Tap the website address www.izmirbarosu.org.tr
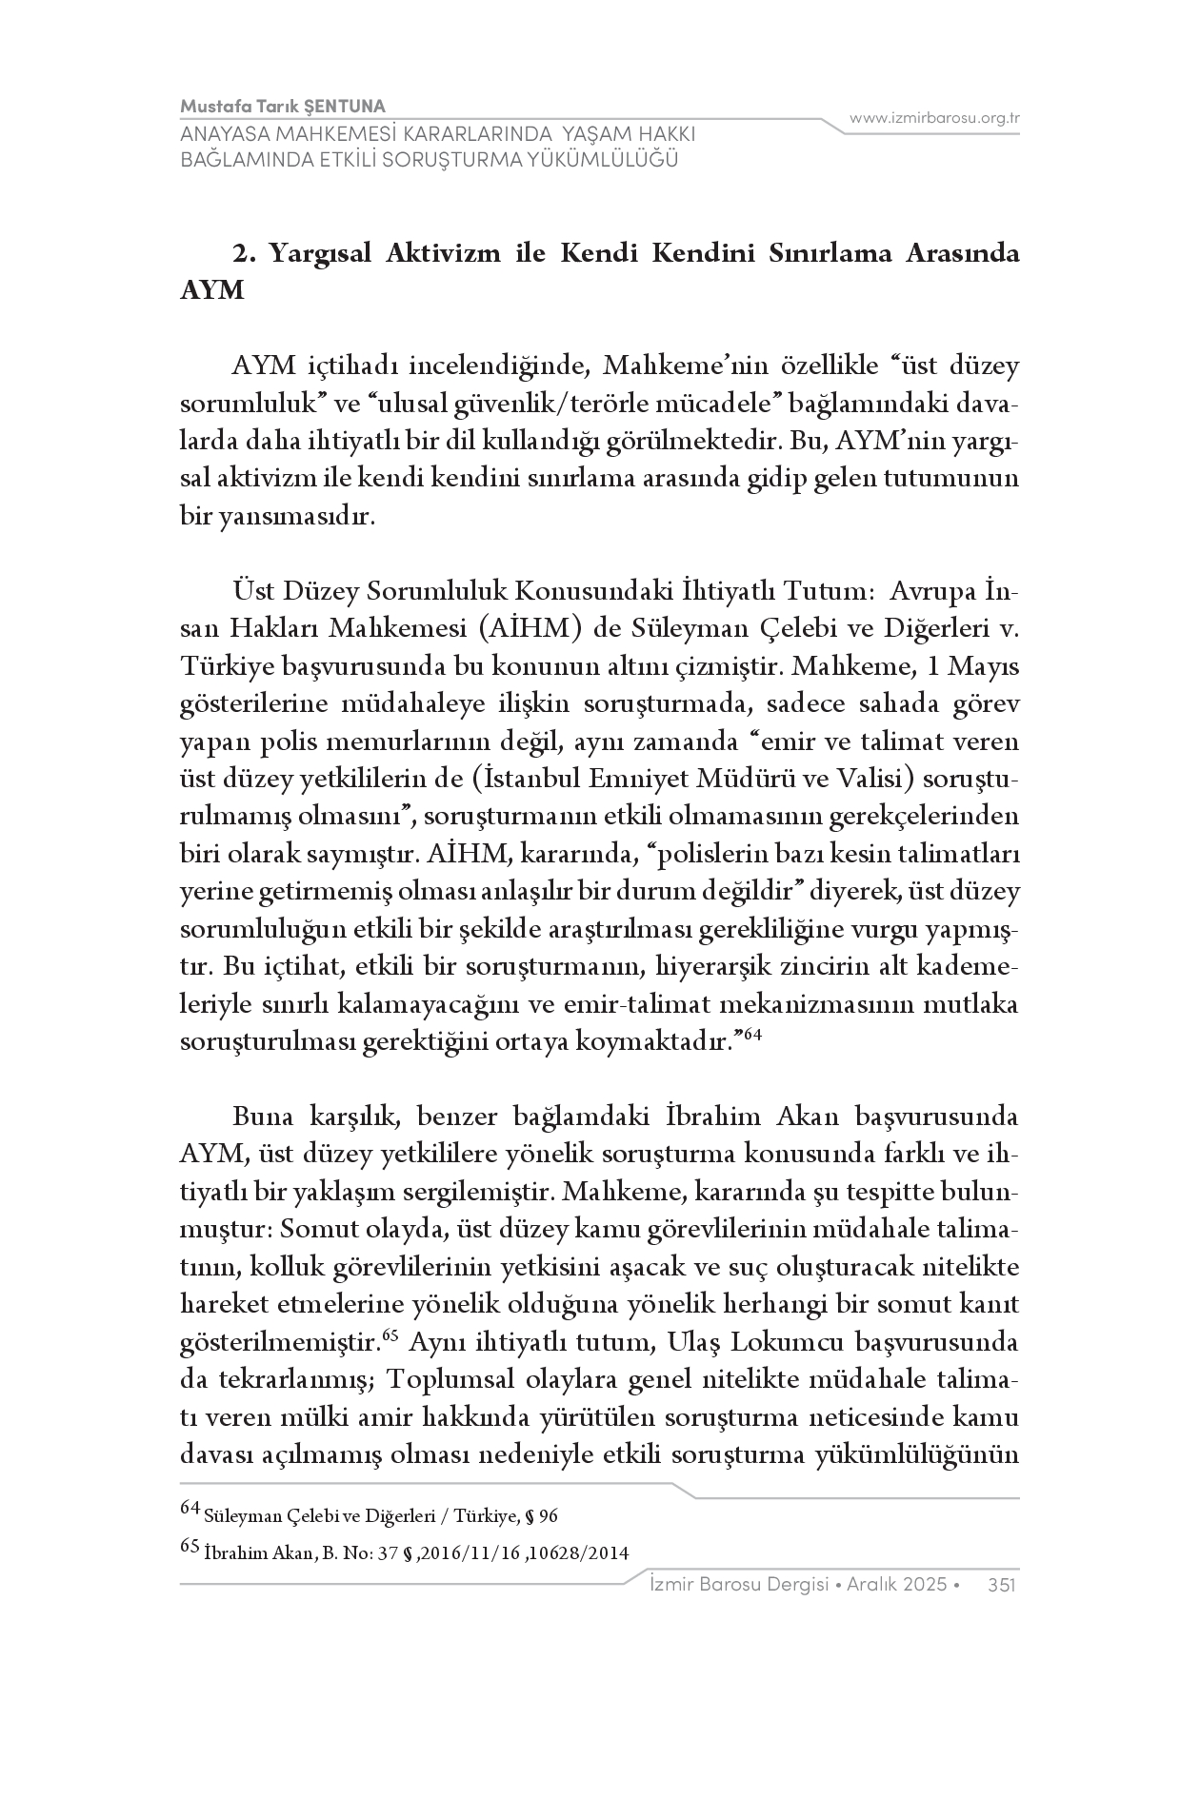click(934, 118)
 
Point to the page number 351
click(1002, 1584)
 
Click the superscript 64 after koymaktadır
click(752, 1035)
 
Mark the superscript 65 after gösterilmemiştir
click(390, 1334)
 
